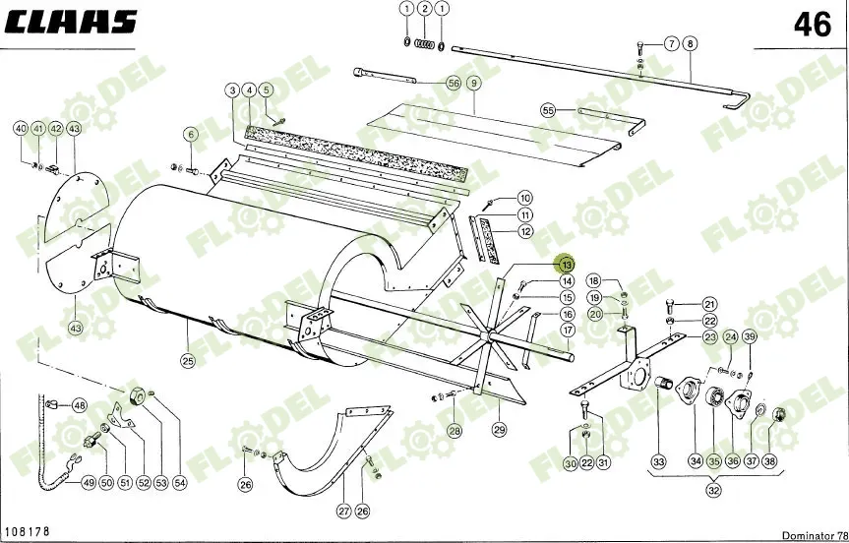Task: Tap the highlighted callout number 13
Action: [x=566, y=265]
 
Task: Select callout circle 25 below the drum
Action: [x=187, y=360]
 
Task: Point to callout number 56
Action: [x=454, y=84]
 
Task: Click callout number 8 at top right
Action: [x=690, y=43]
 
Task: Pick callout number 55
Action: [x=548, y=110]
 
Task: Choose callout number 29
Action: [x=499, y=429]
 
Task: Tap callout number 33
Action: [x=658, y=462]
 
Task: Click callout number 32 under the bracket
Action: [x=714, y=491]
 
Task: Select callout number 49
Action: [x=88, y=482]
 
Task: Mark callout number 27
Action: [x=343, y=511]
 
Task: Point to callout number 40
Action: [x=20, y=129]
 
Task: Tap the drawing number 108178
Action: [x=29, y=531]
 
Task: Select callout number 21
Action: [x=709, y=304]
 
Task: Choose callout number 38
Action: [x=768, y=462]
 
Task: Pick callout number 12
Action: [x=526, y=232]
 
